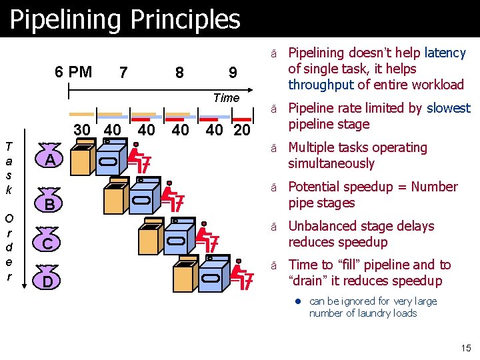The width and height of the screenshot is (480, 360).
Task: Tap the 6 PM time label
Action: tap(73, 71)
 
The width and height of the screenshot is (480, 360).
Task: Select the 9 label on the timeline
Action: tap(232, 72)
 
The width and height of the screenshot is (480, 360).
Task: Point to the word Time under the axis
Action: tap(226, 98)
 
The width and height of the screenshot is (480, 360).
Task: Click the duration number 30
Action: tap(82, 129)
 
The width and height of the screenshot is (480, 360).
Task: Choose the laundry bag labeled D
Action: tap(49, 281)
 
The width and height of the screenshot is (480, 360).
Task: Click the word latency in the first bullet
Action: tap(445, 53)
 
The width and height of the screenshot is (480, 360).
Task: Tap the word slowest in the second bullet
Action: tap(448, 108)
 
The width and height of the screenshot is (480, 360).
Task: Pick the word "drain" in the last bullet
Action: tap(309, 281)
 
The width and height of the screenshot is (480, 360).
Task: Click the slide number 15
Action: tap(465, 347)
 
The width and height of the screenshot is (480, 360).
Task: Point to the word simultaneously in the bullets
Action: tap(331, 163)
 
